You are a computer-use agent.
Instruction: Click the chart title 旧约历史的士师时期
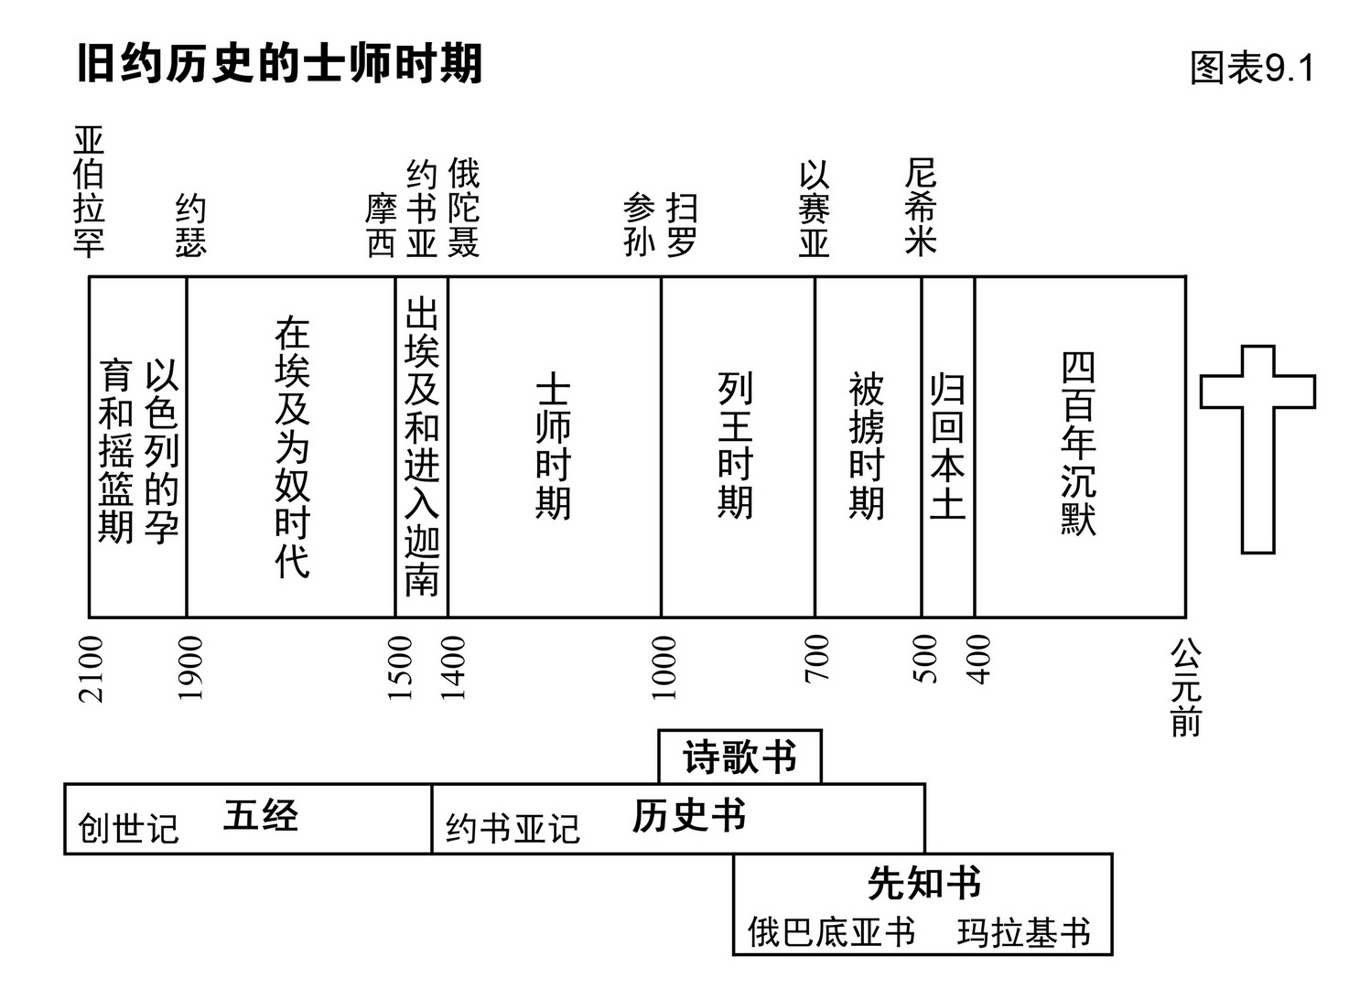point(279,65)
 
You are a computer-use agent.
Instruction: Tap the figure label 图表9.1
point(1251,69)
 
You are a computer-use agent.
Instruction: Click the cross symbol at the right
point(1257,448)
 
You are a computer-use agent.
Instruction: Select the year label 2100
point(92,669)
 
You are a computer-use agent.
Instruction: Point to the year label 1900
point(189,669)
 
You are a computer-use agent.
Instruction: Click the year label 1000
point(664,669)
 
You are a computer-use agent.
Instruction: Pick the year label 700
point(816,659)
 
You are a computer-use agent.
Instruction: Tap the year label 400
point(978,659)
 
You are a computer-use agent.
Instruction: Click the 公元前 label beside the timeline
point(1186,688)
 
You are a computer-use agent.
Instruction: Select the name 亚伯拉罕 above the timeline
point(89,192)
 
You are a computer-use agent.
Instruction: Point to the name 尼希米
point(920,207)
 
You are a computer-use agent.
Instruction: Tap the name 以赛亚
point(814,209)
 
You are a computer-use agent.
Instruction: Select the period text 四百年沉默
point(1078,444)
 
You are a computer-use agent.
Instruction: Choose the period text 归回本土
point(947,446)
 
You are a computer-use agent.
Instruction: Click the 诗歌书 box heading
point(739,757)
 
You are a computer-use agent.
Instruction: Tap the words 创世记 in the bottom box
point(128,829)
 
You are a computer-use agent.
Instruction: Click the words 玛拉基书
point(1024,933)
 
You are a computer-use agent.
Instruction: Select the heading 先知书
point(923,884)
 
